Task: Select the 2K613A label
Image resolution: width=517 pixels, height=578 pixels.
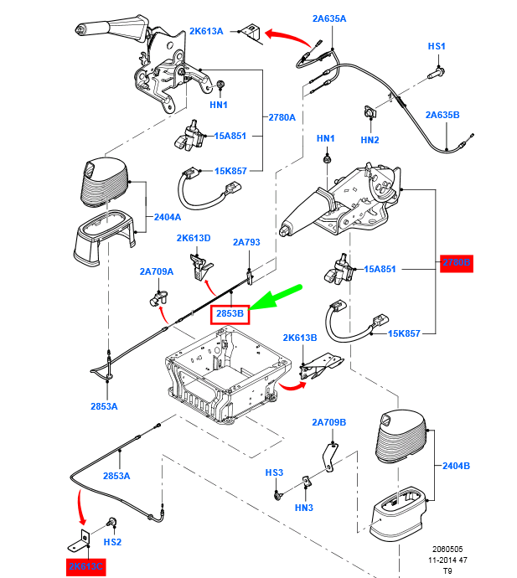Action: pos(206,31)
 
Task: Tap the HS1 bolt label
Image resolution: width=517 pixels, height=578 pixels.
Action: pos(437,46)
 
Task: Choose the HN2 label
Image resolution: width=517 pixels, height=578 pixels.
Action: pos(370,140)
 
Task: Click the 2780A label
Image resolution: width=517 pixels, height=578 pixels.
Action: pos(282,117)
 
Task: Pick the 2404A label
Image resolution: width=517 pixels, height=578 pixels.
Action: pos(168,217)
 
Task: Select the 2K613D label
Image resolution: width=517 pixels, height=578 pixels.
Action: pos(194,238)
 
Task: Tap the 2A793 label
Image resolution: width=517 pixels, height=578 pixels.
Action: pos(246,243)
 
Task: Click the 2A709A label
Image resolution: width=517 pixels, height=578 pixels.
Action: pos(157,271)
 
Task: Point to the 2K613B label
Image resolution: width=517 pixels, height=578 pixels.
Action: pos(300,338)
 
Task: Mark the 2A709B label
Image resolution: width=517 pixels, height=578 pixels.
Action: pos(329,422)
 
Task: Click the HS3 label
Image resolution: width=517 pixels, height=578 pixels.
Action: pos(275,472)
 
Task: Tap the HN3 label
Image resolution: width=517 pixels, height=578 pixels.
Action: pos(303,508)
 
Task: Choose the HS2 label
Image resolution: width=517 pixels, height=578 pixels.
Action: pos(112,542)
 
